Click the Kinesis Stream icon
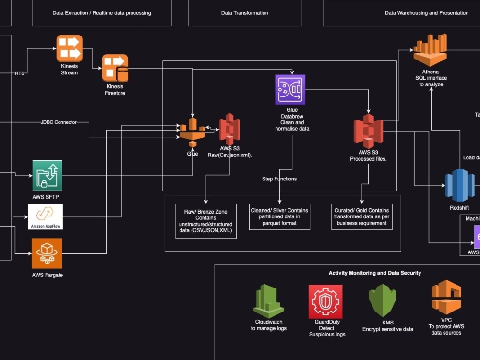70,48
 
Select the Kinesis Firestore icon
115,68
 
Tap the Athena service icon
430,50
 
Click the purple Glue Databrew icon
290,89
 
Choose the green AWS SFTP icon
47,176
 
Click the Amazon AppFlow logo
46,217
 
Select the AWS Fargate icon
47,253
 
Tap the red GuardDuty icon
325,301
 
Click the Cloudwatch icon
269,301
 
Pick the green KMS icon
383,301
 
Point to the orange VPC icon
446,298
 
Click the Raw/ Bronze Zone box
206,221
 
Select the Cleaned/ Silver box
279,217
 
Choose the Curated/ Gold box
362,217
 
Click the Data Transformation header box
245,13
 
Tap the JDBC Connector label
59,122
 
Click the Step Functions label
279,179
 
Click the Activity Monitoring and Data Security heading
375,273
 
